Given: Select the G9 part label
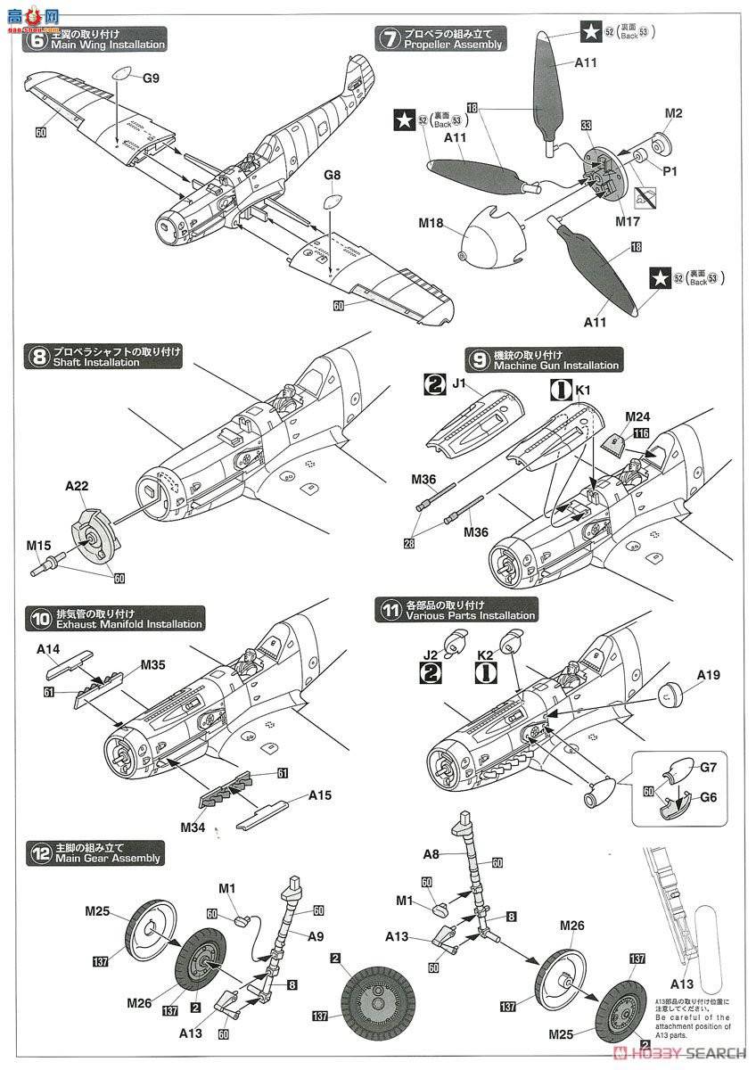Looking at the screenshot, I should pyautogui.click(x=151, y=78).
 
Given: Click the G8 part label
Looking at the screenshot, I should pyautogui.click(x=332, y=177).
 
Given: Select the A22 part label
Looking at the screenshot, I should pyautogui.click(x=78, y=488).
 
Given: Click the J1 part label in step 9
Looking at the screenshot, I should pyautogui.click(x=460, y=385).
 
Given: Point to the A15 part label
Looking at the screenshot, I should pyautogui.click(x=321, y=795).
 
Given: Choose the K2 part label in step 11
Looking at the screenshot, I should pyautogui.click(x=485, y=655).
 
